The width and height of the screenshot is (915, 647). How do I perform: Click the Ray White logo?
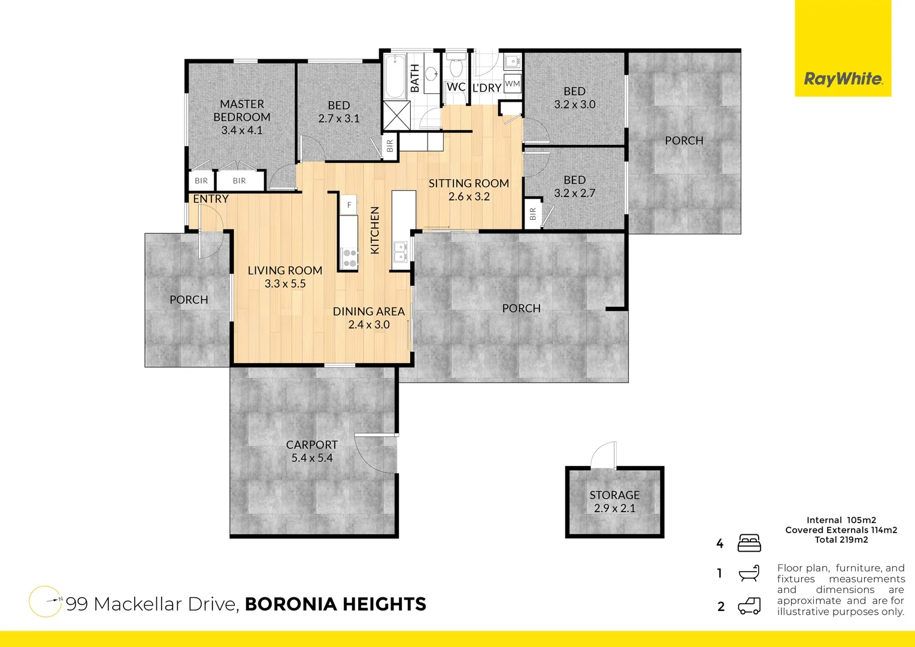843,78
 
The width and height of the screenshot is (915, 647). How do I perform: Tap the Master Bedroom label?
242,111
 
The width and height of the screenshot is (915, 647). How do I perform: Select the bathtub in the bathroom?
395,77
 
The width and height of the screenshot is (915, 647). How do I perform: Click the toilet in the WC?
456,66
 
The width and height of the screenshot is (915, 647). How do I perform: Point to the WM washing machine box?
513,83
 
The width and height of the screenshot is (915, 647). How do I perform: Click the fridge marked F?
349,205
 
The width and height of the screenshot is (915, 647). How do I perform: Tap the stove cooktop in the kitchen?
349,258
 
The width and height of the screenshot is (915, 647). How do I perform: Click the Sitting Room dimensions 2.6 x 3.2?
469,196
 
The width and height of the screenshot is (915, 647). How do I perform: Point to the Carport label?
311,445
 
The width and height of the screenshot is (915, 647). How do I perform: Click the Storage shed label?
614,495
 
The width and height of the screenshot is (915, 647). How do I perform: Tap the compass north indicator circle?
46,601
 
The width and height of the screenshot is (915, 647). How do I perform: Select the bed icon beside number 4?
749,543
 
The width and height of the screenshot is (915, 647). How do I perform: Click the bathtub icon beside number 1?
749,573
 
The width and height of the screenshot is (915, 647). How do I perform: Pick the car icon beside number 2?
749,606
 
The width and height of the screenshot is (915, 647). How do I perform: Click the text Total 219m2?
841,540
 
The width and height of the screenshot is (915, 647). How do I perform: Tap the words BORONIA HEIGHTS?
335,604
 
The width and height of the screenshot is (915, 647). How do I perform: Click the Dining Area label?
369,312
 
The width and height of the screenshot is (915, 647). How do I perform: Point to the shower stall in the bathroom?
396,116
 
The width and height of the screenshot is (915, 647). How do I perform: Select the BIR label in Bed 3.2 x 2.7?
533,214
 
